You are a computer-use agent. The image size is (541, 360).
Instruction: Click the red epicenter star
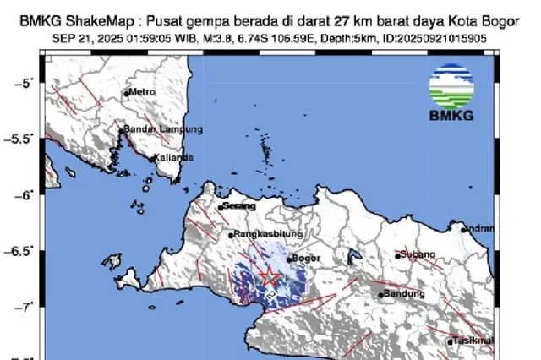269,276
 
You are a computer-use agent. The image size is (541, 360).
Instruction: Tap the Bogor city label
303,259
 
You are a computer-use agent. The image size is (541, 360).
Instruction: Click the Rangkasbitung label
261,236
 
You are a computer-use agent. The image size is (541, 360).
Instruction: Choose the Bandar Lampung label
164,129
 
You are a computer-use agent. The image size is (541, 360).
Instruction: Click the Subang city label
418,254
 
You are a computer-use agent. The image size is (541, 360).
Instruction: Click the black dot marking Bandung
380,295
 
